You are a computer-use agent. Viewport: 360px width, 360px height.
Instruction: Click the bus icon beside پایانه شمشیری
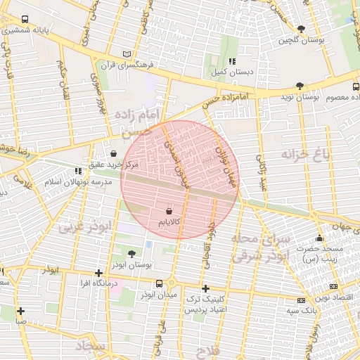click(x=25, y=20)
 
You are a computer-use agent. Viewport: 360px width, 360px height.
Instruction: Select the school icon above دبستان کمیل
click(x=233, y=61)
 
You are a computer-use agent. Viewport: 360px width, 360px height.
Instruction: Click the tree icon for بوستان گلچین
click(x=301, y=30)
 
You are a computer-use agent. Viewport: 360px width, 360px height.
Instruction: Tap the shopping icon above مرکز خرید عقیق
click(x=114, y=153)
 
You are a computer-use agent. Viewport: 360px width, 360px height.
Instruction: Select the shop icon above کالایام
click(x=169, y=210)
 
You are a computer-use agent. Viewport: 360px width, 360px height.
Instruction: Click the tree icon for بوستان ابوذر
click(x=132, y=253)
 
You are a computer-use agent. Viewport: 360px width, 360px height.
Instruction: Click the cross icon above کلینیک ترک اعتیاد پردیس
click(x=205, y=288)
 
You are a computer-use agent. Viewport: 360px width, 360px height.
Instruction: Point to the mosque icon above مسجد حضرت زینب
click(x=320, y=238)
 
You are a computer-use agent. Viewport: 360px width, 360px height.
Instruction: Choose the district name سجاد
click(x=91, y=347)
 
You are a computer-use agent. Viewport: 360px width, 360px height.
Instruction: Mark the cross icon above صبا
click(x=21, y=311)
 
